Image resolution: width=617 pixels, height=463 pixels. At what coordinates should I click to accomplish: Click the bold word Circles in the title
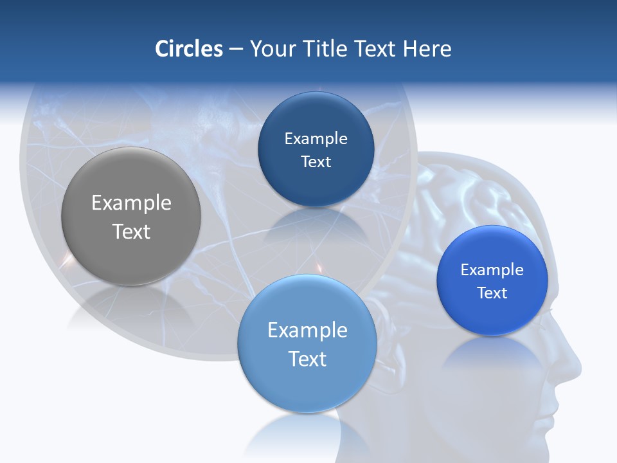pos(189,49)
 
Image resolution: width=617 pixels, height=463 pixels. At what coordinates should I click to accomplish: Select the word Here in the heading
pos(427,49)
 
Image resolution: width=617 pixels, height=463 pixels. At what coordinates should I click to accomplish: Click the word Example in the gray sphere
pos(131,203)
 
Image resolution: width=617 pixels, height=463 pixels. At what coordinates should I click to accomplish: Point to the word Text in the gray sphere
pos(131,232)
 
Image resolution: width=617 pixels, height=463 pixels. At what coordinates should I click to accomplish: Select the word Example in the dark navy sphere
pos(316,139)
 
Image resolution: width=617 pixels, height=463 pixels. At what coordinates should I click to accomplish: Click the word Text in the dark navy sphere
pos(316,162)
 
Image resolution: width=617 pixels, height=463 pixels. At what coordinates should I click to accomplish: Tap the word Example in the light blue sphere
pos(307,331)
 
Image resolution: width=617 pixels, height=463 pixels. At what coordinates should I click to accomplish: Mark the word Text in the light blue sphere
pos(307,359)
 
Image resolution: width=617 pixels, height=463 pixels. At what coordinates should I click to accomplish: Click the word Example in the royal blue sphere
pos(492,270)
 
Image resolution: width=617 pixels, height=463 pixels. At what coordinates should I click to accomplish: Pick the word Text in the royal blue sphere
pos(492,293)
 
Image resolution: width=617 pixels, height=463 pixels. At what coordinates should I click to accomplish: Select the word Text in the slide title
pos(377,49)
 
